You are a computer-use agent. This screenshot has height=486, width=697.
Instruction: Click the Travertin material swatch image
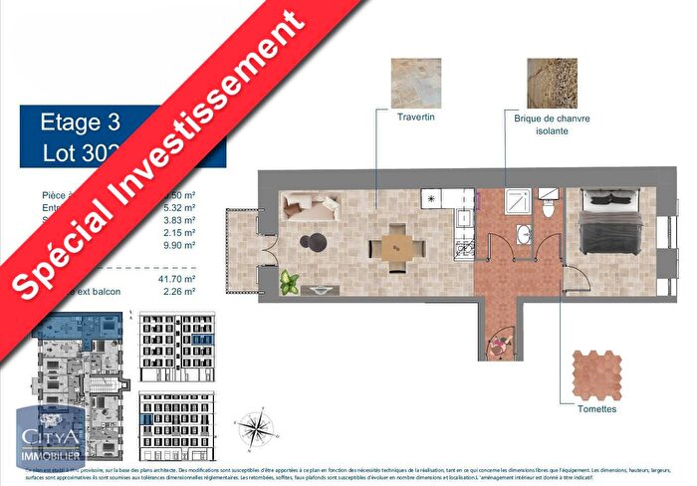[x=416, y=84]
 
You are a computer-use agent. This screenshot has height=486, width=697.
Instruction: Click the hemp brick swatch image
[x=552, y=84]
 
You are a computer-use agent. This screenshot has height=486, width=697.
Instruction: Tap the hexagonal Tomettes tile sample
[x=596, y=372]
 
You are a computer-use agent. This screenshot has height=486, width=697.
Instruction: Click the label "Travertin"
[x=416, y=118]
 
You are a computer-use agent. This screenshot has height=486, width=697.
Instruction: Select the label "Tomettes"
[x=596, y=409]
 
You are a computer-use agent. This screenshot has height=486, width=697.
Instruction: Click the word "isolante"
[x=552, y=130]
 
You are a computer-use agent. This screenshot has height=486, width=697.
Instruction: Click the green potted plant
[x=290, y=281]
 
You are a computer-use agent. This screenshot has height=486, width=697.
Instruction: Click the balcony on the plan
[x=242, y=250]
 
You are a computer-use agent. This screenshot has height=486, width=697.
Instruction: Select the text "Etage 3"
[x=80, y=122]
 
